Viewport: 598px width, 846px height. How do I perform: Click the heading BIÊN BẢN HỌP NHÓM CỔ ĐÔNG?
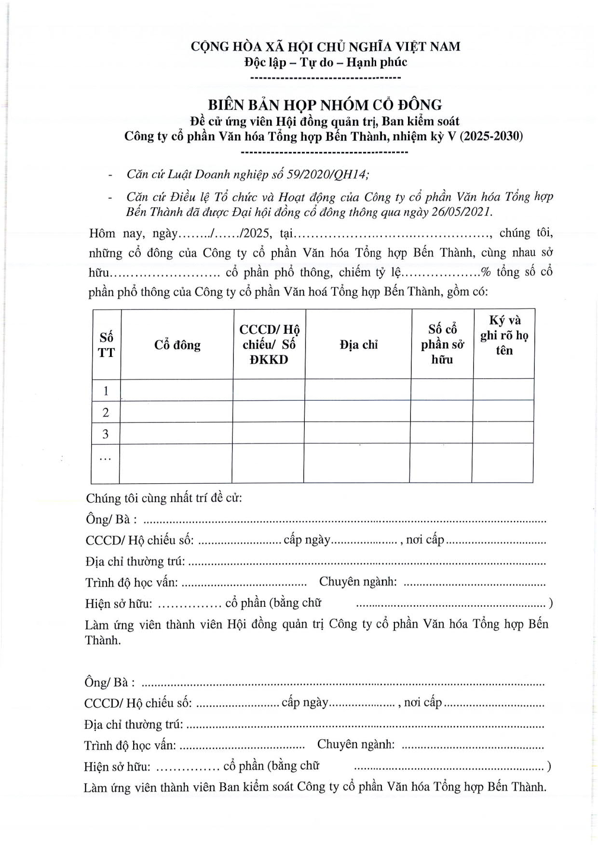(325, 105)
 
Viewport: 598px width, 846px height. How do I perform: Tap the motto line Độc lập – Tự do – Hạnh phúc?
(326, 62)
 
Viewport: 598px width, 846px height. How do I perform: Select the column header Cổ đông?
(177, 345)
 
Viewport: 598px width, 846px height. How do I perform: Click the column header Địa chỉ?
(358, 345)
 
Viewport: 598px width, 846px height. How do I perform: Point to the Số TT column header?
(106, 344)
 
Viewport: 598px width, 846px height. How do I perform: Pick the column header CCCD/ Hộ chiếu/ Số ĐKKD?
(269, 344)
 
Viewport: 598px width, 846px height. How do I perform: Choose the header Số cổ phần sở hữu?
(442, 344)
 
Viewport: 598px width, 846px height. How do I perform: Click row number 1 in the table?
(106, 391)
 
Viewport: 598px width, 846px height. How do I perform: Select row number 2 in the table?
(106, 412)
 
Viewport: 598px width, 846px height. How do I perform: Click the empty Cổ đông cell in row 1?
(177, 390)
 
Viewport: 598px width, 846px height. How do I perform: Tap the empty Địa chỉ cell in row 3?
(357, 433)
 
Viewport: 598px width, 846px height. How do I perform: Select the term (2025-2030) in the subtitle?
(491, 136)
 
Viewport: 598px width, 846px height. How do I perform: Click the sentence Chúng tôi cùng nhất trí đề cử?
(164, 498)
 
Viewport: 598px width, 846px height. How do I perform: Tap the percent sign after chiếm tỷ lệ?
(486, 273)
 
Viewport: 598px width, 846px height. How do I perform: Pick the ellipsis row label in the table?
(105, 458)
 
